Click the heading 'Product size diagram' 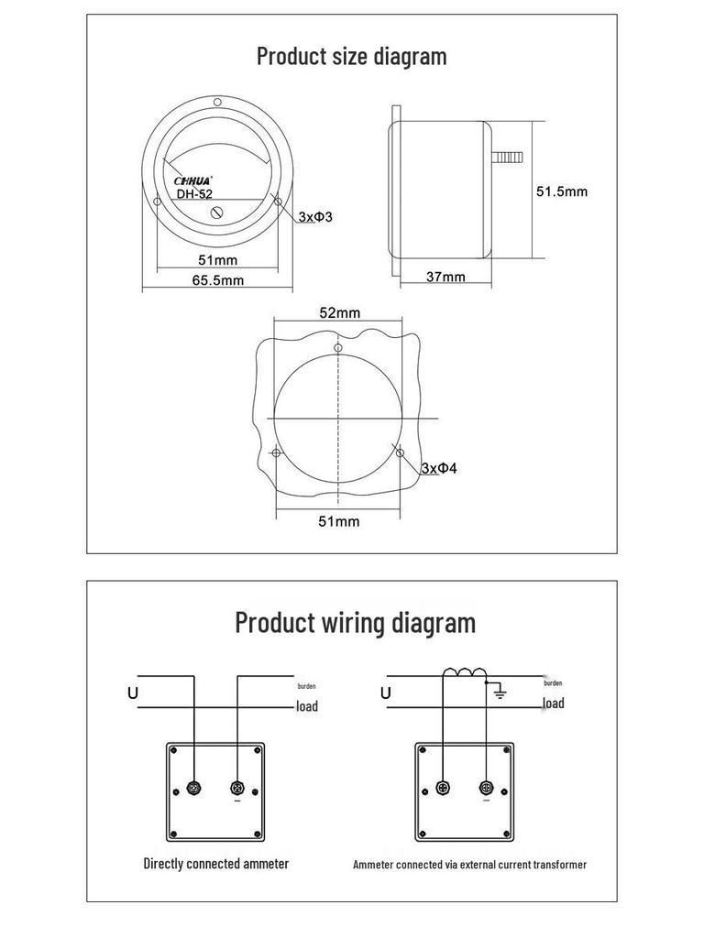pyautogui.click(x=352, y=56)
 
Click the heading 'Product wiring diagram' pyautogui.click(x=356, y=623)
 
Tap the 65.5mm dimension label pyautogui.click(x=218, y=280)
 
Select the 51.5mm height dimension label pyautogui.click(x=561, y=191)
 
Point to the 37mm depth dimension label pyautogui.click(x=445, y=277)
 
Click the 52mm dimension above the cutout pyautogui.click(x=339, y=312)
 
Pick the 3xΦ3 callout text pyautogui.click(x=314, y=217)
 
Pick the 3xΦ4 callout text pyautogui.click(x=438, y=468)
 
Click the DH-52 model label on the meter pyautogui.click(x=194, y=194)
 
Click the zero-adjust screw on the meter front pyautogui.click(x=218, y=213)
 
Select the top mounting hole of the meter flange pyautogui.click(x=217, y=103)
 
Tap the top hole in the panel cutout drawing pyautogui.click(x=338, y=348)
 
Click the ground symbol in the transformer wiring pyautogui.click(x=500, y=693)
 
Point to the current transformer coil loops pyautogui.click(x=464, y=674)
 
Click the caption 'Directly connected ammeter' pyautogui.click(x=216, y=863)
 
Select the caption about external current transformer pyautogui.click(x=469, y=864)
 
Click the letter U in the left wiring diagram pyautogui.click(x=133, y=693)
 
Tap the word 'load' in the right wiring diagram pyautogui.click(x=553, y=703)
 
